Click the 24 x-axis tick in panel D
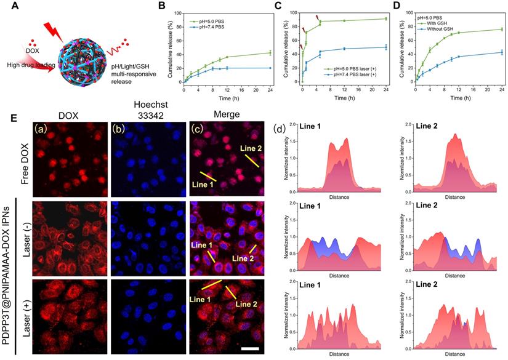502,89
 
